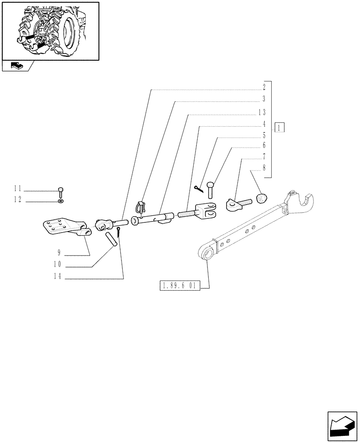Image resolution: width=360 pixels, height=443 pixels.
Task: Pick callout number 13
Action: point(262,112)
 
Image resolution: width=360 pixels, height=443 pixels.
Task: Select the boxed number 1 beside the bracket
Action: point(279,128)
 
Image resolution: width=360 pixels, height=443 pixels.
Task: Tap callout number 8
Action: point(264,168)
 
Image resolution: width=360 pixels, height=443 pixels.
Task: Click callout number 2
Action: point(264,87)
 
